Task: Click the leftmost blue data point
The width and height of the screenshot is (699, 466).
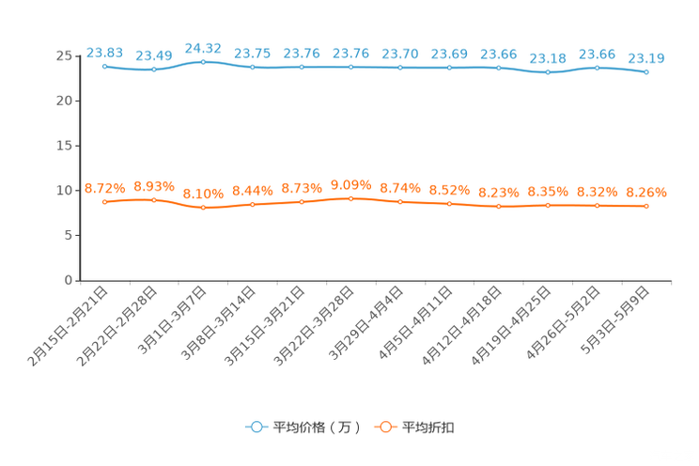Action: point(104,66)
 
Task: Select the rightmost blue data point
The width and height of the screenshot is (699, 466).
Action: point(646,71)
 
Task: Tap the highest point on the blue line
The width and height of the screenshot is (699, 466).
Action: point(203,61)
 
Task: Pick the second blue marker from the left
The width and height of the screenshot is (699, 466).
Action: point(154,70)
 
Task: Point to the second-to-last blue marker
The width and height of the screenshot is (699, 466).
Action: point(597,68)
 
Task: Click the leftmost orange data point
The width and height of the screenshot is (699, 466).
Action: point(104,202)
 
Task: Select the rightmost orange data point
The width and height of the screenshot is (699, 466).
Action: point(646,206)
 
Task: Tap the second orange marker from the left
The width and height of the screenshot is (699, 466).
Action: point(154,199)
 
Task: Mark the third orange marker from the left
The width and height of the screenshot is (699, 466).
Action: point(203,208)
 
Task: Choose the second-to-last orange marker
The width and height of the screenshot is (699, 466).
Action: point(597,205)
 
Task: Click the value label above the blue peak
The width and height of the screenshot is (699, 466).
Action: point(203,47)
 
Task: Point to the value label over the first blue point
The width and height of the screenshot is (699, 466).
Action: point(104,52)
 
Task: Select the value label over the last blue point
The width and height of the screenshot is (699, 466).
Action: point(646,58)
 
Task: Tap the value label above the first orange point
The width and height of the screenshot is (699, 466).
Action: point(104,188)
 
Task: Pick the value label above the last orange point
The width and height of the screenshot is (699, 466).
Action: point(646,192)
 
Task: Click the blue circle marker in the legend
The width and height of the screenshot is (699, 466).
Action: point(256,427)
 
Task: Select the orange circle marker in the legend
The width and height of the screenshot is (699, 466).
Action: point(384,427)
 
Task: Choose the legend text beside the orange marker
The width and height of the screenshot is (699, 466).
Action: point(429,427)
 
